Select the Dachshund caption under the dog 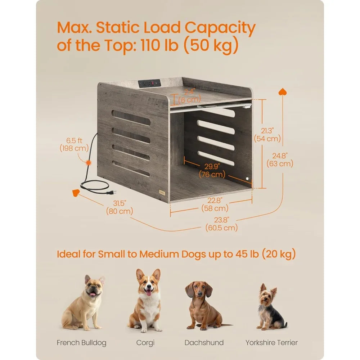[x=204, y=342]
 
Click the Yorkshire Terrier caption [x=271, y=342]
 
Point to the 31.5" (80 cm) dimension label [x=119, y=207]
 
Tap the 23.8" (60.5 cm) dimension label [x=221, y=224]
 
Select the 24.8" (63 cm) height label [x=280, y=159]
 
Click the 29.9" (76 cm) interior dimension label [x=213, y=171]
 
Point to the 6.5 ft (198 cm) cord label [x=75, y=144]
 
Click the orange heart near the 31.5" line [x=76, y=193]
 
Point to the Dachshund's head [x=198, y=290]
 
